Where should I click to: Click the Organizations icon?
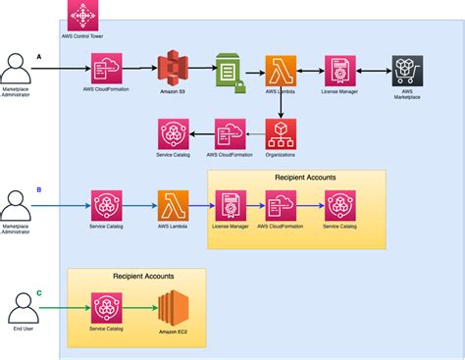[x=281, y=133]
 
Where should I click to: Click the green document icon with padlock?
[x=228, y=72]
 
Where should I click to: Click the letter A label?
[x=40, y=57]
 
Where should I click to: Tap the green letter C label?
[x=39, y=291]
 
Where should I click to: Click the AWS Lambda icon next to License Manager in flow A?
[x=281, y=72]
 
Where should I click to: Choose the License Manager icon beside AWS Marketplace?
[x=341, y=72]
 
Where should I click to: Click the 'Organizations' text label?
[x=281, y=156]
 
